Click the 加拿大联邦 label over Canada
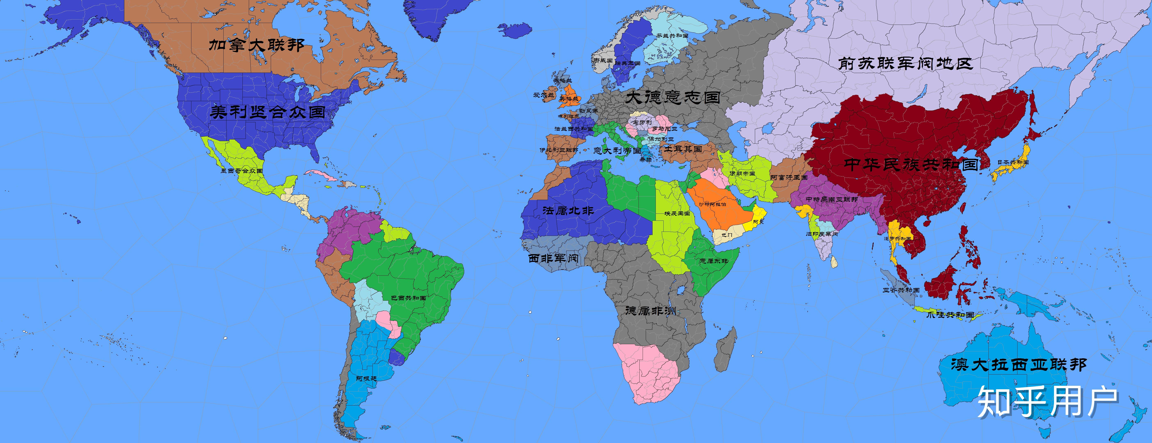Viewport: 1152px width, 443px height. (x=257, y=45)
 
